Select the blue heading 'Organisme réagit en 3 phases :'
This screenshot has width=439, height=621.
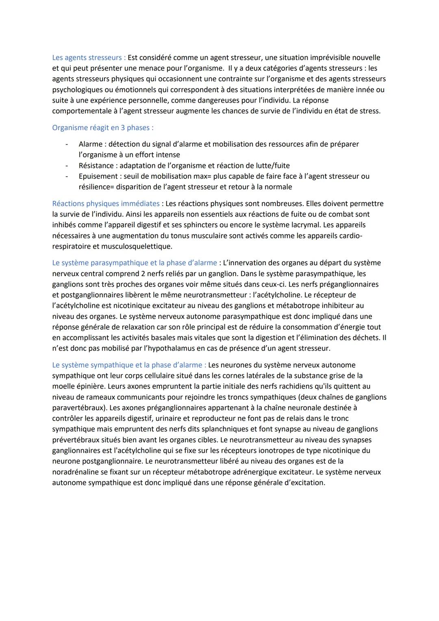(x=103, y=128)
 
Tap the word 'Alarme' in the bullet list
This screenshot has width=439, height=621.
(x=91, y=144)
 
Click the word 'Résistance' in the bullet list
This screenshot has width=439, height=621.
(x=96, y=166)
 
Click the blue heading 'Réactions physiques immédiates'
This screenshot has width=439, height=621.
(x=106, y=203)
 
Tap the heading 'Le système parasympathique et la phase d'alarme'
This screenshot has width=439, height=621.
(x=135, y=263)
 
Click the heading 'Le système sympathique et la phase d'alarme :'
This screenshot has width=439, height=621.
(x=129, y=365)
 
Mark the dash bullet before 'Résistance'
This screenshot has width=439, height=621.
(x=66, y=166)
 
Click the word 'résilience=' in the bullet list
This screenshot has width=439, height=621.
(x=96, y=187)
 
